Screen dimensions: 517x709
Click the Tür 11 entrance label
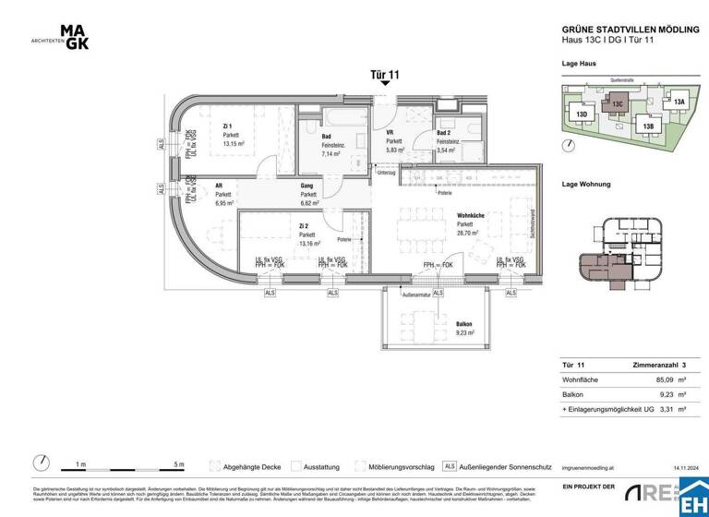(x=385, y=75)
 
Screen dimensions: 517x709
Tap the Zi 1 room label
(x=227, y=126)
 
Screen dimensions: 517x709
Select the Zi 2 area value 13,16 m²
(x=308, y=244)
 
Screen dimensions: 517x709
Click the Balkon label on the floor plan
(x=464, y=324)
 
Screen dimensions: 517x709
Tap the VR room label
(x=390, y=133)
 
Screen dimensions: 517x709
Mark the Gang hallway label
(x=307, y=186)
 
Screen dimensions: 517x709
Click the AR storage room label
(x=219, y=185)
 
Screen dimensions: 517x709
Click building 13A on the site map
(x=679, y=102)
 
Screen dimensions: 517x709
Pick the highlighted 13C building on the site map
(x=618, y=106)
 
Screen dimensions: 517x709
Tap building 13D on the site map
(x=582, y=114)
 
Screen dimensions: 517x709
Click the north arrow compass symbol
(x=41, y=462)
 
